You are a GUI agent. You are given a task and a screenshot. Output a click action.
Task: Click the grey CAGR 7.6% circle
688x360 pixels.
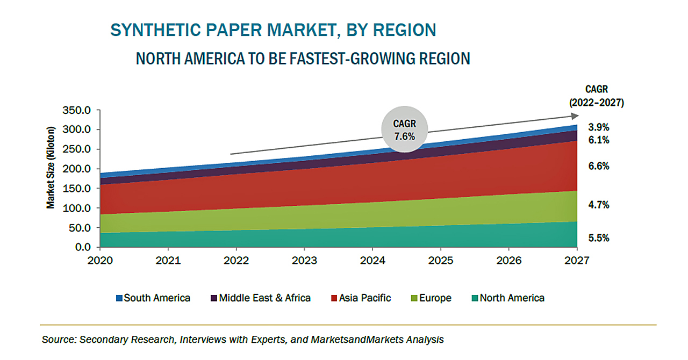(x=405, y=129)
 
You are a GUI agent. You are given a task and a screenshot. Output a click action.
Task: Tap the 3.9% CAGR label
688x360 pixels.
(x=599, y=127)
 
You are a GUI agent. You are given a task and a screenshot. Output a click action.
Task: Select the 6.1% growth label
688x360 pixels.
(x=599, y=140)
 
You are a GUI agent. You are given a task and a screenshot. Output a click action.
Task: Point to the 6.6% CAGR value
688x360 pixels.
(x=599, y=166)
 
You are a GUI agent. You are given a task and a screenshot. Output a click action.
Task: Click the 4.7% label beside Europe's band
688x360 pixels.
(x=599, y=205)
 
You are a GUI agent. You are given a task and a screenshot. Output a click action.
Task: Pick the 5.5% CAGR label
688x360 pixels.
(x=599, y=238)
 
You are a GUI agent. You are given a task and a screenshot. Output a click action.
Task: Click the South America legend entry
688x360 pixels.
(x=153, y=298)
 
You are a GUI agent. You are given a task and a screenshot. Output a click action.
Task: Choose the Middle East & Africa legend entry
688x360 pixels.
(x=261, y=298)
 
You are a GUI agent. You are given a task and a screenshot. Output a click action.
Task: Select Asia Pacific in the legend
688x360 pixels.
(x=361, y=298)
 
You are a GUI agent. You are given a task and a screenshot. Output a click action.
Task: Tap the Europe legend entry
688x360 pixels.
(x=431, y=298)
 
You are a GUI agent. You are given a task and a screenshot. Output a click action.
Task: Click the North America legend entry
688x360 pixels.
(x=508, y=298)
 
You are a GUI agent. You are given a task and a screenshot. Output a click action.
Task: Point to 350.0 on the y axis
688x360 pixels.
(x=76, y=110)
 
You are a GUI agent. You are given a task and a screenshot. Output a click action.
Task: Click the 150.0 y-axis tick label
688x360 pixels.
(x=76, y=188)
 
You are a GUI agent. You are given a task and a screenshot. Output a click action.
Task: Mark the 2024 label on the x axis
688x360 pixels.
(x=372, y=261)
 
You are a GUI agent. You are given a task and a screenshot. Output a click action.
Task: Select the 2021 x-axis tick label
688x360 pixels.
(x=168, y=261)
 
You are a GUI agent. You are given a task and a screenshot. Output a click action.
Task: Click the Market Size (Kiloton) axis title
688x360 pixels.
(x=51, y=168)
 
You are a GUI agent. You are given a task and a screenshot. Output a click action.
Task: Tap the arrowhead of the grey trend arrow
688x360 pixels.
(x=575, y=116)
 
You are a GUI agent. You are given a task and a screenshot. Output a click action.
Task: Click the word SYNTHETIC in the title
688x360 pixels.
(x=155, y=30)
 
